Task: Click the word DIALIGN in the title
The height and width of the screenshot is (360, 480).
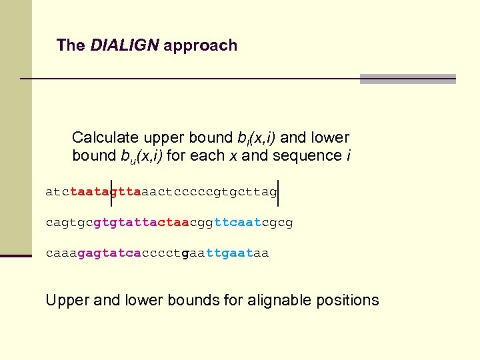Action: point(125,45)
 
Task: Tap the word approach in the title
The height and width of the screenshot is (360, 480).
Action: point(200,46)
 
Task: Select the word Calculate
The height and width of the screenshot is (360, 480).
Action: point(105,138)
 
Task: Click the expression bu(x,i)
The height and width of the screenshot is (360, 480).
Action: point(142,157)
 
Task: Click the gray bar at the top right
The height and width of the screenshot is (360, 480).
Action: point(407,79)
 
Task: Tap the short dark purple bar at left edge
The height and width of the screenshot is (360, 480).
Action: point(16,255)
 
